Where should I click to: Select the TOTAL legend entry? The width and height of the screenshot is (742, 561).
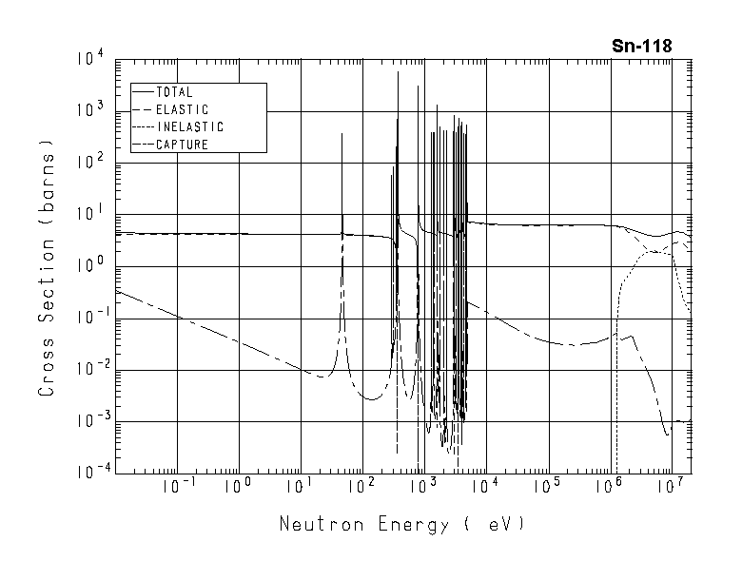click(173, 93)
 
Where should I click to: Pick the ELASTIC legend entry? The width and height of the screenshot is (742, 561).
click(181, 110)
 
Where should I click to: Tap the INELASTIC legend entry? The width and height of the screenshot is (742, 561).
click(188, 127)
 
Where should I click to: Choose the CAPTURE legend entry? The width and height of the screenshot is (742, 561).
click(181, 145)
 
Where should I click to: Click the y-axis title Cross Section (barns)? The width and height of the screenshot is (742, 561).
click(47, 267)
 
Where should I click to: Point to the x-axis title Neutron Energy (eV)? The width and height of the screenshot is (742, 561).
click(401, 524)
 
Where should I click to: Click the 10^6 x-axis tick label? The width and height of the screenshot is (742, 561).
click(608, 486)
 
